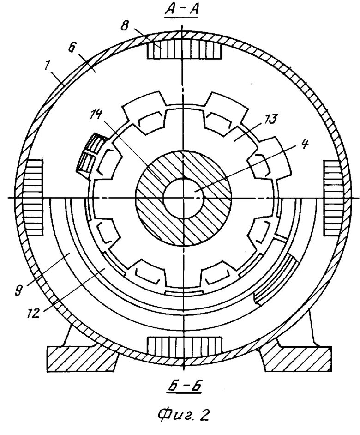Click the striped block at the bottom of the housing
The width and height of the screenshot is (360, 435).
(184, 345)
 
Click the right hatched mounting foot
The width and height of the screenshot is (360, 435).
(296, 356)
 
